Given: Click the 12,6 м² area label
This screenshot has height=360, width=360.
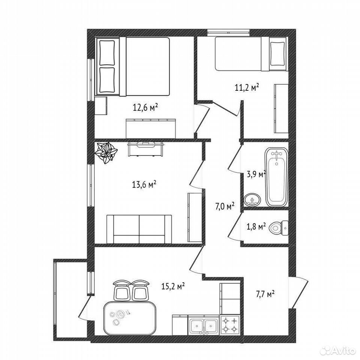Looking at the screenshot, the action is [x=145, y=107].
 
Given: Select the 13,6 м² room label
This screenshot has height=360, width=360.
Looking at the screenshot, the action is [x=144, y=184].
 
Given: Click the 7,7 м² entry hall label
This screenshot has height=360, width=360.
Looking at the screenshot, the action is [x=265, y=294].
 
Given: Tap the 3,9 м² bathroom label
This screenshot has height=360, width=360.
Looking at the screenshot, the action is [x=256, y=174].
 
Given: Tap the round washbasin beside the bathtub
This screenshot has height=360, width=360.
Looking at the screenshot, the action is [x=252, y=201].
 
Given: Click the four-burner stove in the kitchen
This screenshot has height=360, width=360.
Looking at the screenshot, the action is [x=230, y=325].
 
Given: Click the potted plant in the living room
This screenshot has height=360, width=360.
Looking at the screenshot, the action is [x=106, y=152].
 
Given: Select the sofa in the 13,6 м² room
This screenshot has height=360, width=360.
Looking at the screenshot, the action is [x=139, y=229].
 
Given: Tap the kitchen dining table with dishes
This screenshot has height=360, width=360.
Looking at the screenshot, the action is [x=130, y=318].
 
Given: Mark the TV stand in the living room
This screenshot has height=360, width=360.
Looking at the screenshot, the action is [x=145, y=149].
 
